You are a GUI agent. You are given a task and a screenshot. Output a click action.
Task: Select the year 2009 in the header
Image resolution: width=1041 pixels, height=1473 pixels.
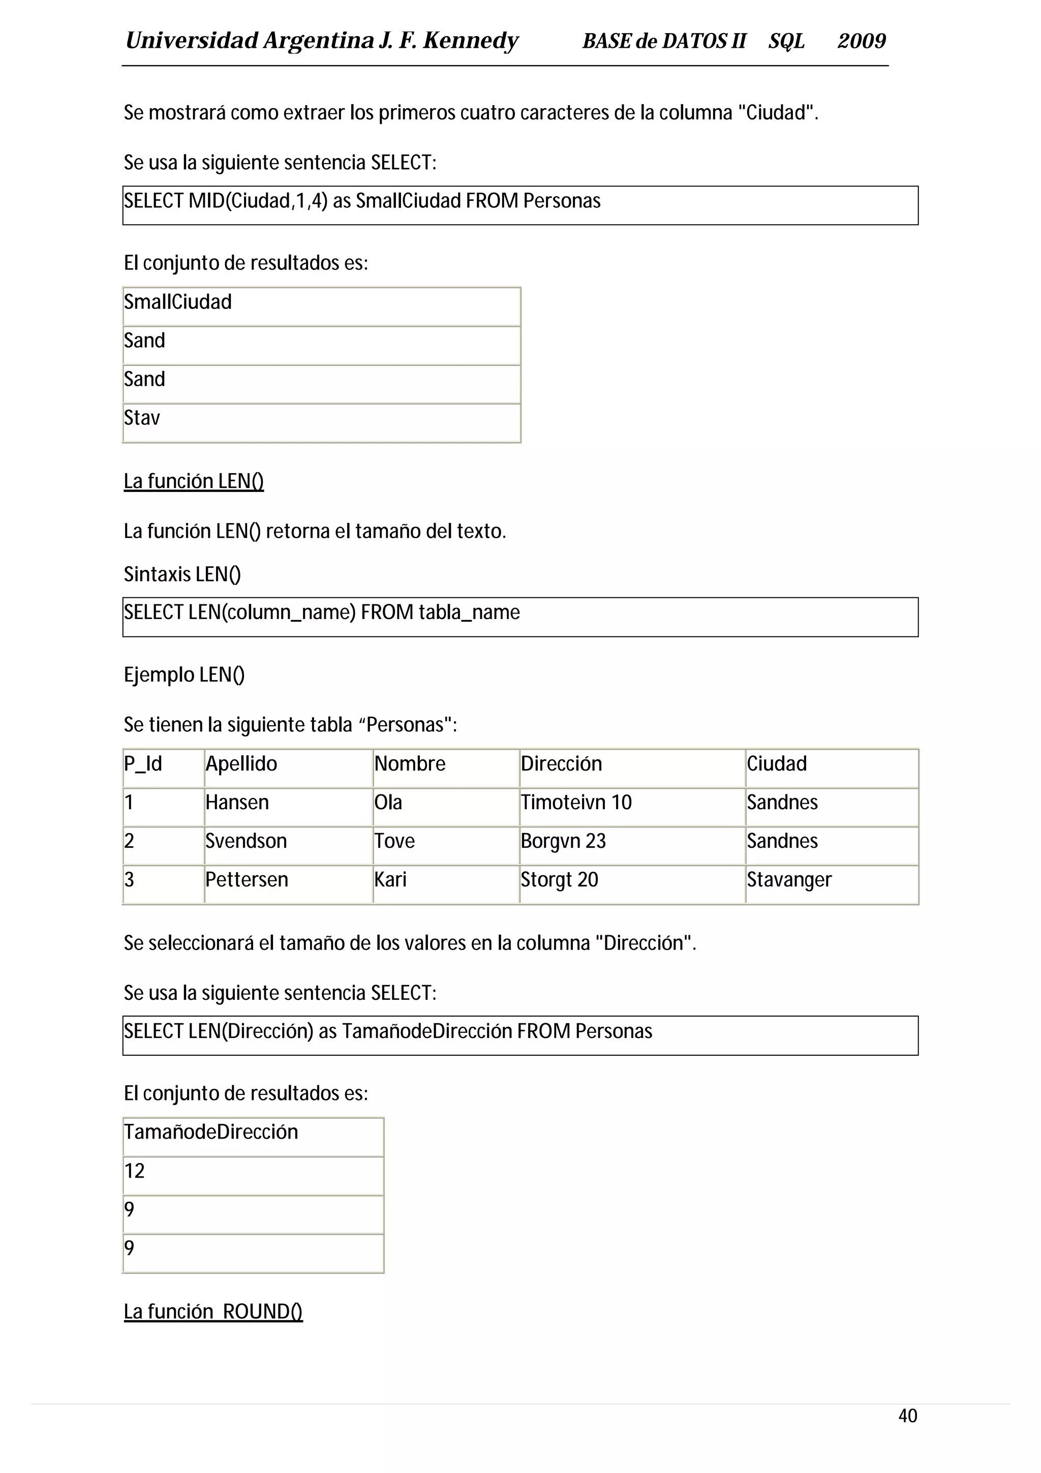[862, 41]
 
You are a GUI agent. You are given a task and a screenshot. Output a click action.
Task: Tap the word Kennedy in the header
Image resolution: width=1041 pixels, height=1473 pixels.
[470, 41]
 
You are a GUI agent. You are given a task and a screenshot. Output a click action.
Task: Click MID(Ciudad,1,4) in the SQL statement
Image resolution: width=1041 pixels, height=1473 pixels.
[258, 201]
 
